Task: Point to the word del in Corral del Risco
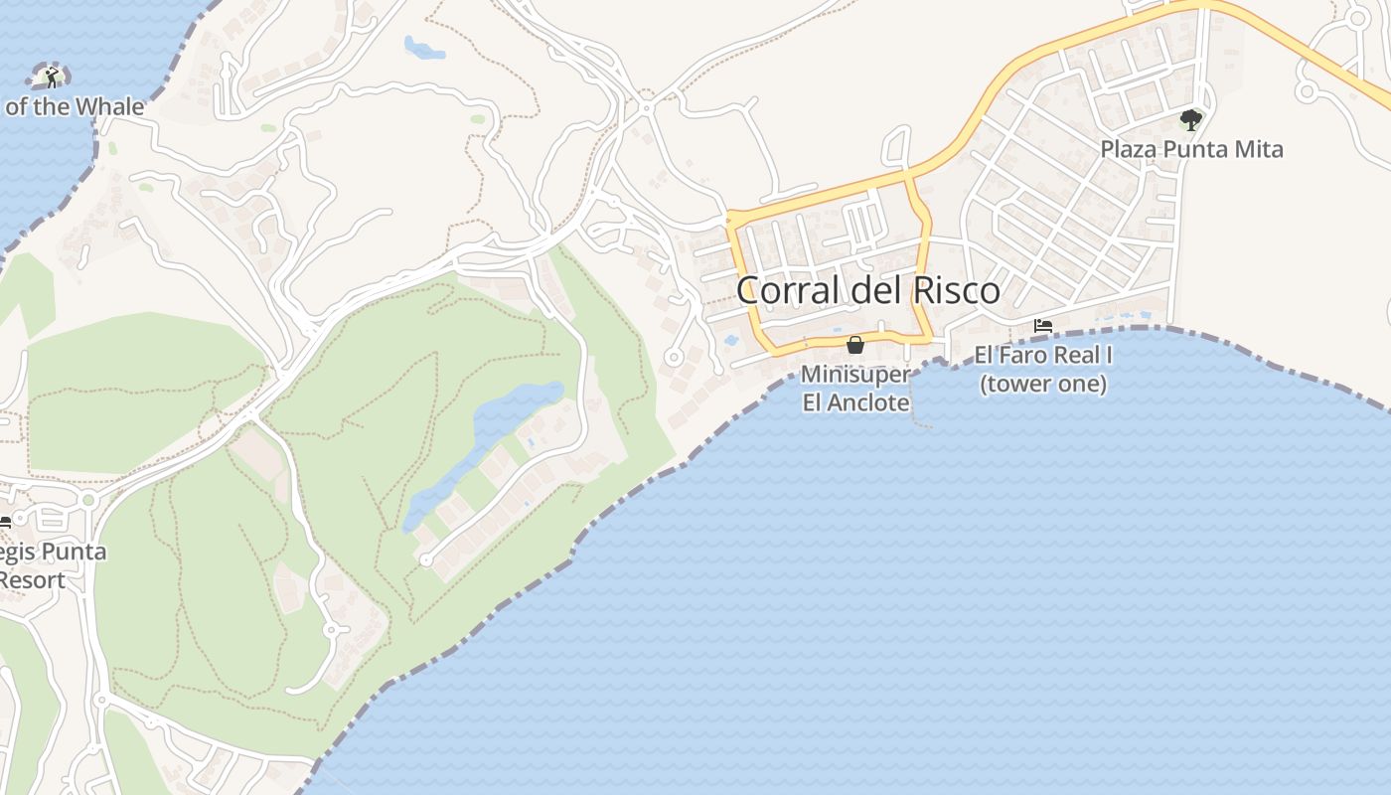tap(871, 291)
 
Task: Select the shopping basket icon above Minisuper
tap(854, 345)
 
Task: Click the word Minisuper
tap(855, 375)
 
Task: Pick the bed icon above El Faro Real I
tap(1042, 325)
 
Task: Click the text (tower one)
tap(1043, 384)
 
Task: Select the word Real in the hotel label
tap(1079, 355)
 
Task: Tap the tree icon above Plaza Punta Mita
tap(1190, 120)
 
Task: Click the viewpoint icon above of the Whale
tap(51, 77)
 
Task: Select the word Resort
tap(34, 580)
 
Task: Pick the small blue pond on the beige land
tap(423, 47)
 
